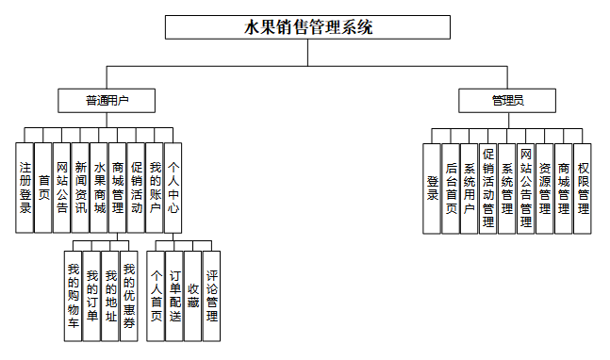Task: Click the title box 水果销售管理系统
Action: pyautogui.click(x=307, y=27)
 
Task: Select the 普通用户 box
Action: pyautogui.click(x=107, y=101)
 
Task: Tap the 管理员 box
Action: pyautogui.click(x=507, y=101)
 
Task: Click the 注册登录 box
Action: pyautogui.click(x=25, y=188)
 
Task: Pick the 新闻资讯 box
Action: pyautogui.click(x=80, y=188)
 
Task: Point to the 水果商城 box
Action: pyautogui.click(x=99, y=188)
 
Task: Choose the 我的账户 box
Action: pyautogui.click(x=155, y=188)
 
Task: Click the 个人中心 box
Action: pyautogui.click(x=173, y=188)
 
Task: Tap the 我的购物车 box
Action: pyautogui.click(x=74, y=296)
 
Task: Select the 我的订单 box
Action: pyautogui.click(x=91, y=296)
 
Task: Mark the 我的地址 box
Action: pyautogui.click(x=110, y=296)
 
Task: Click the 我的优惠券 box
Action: pyautogui.click(x=129, y=296)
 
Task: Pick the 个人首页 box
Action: pyautogui.click(x=156, y=296)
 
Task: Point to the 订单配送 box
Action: pyautogui.click(x=174, y=296)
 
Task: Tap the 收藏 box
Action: pyautogui.click(x=193, y=296)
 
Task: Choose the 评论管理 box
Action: pyautogui.click(x=211, y=296)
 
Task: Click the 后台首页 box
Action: pyautogui.click(x=451, y=188)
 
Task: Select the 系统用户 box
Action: pyautogui.click(x=470, y=188)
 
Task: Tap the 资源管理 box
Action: pyautogui.click(x=545, y=188)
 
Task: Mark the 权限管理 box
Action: pyautogui.click(x=583, y=188)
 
